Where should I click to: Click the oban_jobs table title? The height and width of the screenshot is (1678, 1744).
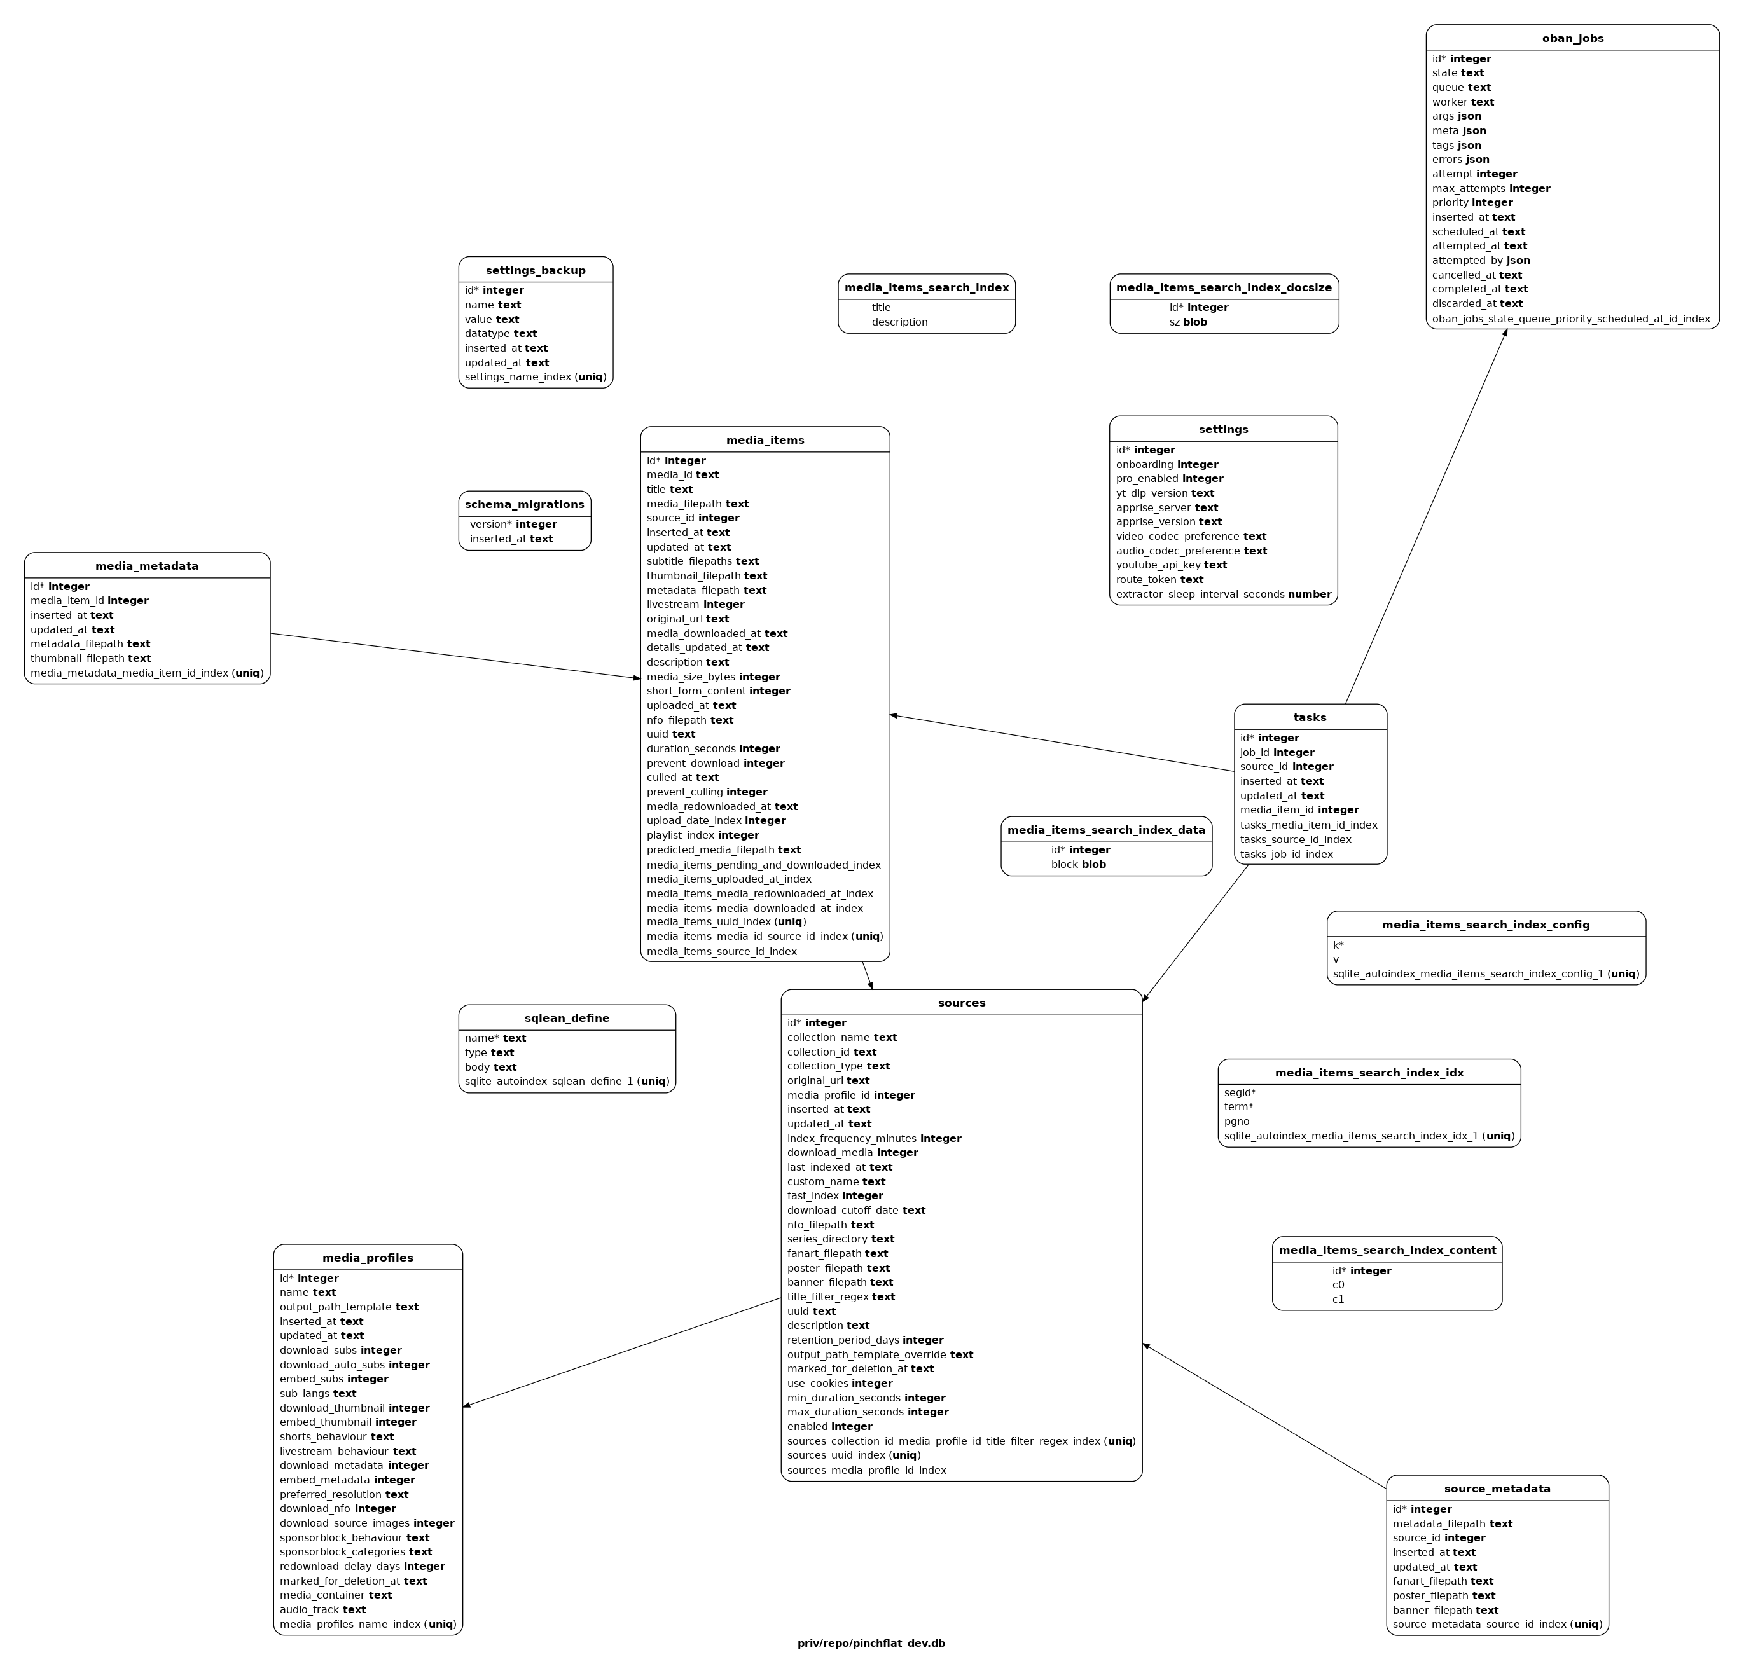1572,38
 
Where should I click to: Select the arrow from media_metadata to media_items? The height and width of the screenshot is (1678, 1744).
455,656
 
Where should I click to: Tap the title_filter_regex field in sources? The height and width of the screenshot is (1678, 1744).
841,1297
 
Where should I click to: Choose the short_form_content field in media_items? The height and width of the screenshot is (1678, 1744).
718,691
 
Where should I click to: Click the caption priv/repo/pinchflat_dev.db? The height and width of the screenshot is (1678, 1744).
871,1643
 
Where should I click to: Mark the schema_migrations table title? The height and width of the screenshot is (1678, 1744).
524,504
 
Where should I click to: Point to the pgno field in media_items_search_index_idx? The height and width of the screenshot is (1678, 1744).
1237,1122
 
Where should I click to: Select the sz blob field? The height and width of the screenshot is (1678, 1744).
1188,322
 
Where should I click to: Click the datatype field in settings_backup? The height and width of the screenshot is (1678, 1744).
501,334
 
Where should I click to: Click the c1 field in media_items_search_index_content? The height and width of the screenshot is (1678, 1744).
1338,1300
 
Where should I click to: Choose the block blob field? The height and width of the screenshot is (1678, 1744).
1079,865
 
